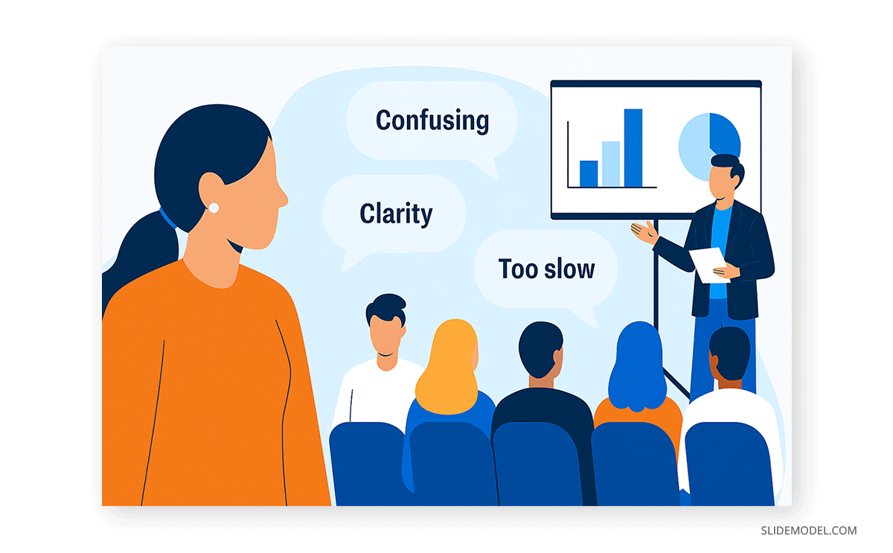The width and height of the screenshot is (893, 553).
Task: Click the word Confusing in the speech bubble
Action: [432, 120]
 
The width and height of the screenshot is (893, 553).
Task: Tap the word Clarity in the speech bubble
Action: [396, 214]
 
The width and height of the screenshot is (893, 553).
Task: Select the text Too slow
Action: [546, 268]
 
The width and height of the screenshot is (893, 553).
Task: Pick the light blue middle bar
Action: [611, 164]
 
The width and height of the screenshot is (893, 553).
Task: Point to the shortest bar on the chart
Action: [589, 173]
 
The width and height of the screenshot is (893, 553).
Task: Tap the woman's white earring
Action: [214, 208]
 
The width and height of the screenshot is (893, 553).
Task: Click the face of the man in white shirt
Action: [387, 339]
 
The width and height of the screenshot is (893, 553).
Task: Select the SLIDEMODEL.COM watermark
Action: [807, 531]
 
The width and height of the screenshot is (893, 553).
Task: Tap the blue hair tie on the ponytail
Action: [168, 220]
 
